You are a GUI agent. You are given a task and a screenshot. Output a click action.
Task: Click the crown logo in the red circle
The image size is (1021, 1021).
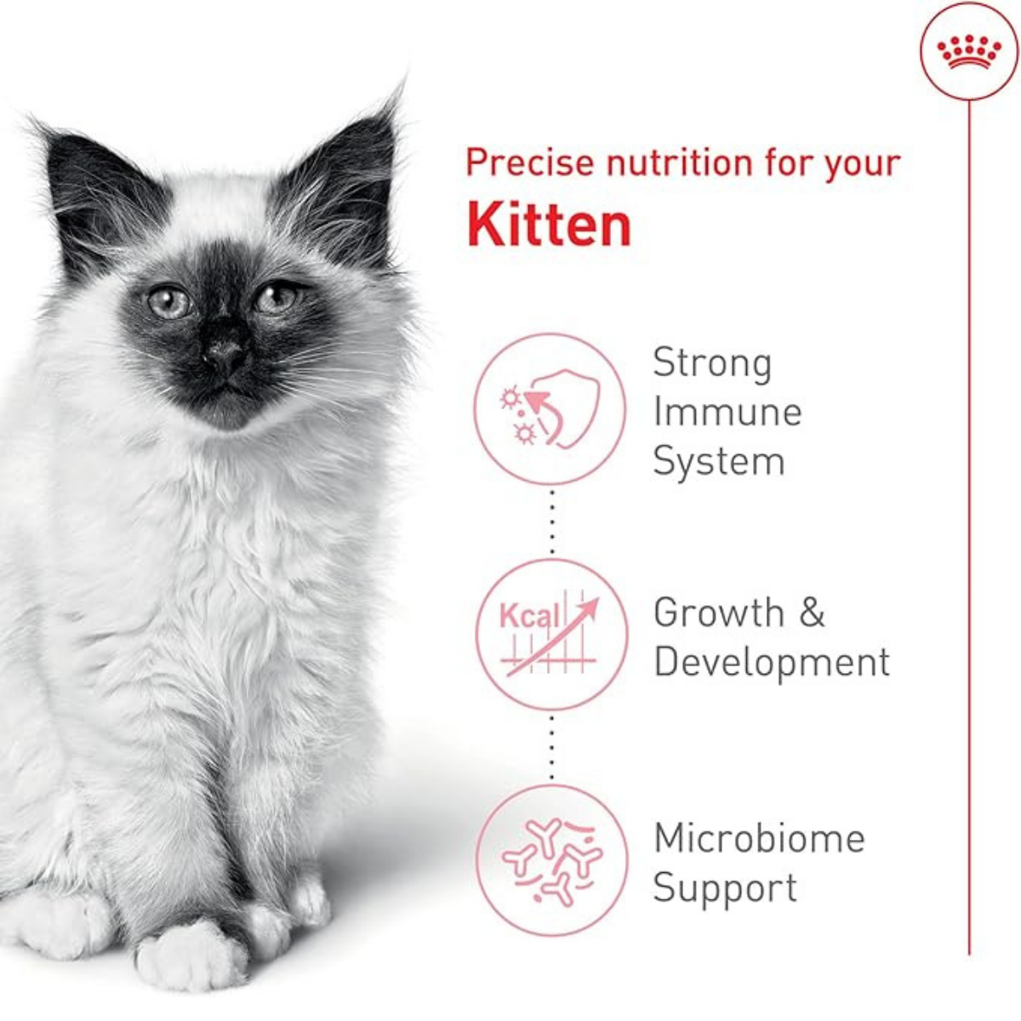[969, 52]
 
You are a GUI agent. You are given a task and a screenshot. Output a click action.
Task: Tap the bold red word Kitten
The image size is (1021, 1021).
[549, 225]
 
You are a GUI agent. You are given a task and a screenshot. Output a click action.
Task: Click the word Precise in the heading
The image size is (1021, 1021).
[530, 163]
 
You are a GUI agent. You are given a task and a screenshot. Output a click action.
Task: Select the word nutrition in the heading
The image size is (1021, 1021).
[681, 163]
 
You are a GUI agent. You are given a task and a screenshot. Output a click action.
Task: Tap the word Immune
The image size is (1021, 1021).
[727, 413]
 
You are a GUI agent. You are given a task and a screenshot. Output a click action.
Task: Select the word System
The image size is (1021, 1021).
[718, 463]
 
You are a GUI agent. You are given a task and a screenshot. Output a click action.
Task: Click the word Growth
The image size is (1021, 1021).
[719, 613]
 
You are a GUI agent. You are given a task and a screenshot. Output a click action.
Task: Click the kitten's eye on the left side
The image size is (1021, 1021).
[168, 303]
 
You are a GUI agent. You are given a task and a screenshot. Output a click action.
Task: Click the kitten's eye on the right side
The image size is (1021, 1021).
[276, 299]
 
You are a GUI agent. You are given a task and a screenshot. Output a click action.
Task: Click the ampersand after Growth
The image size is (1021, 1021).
[812, 613]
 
